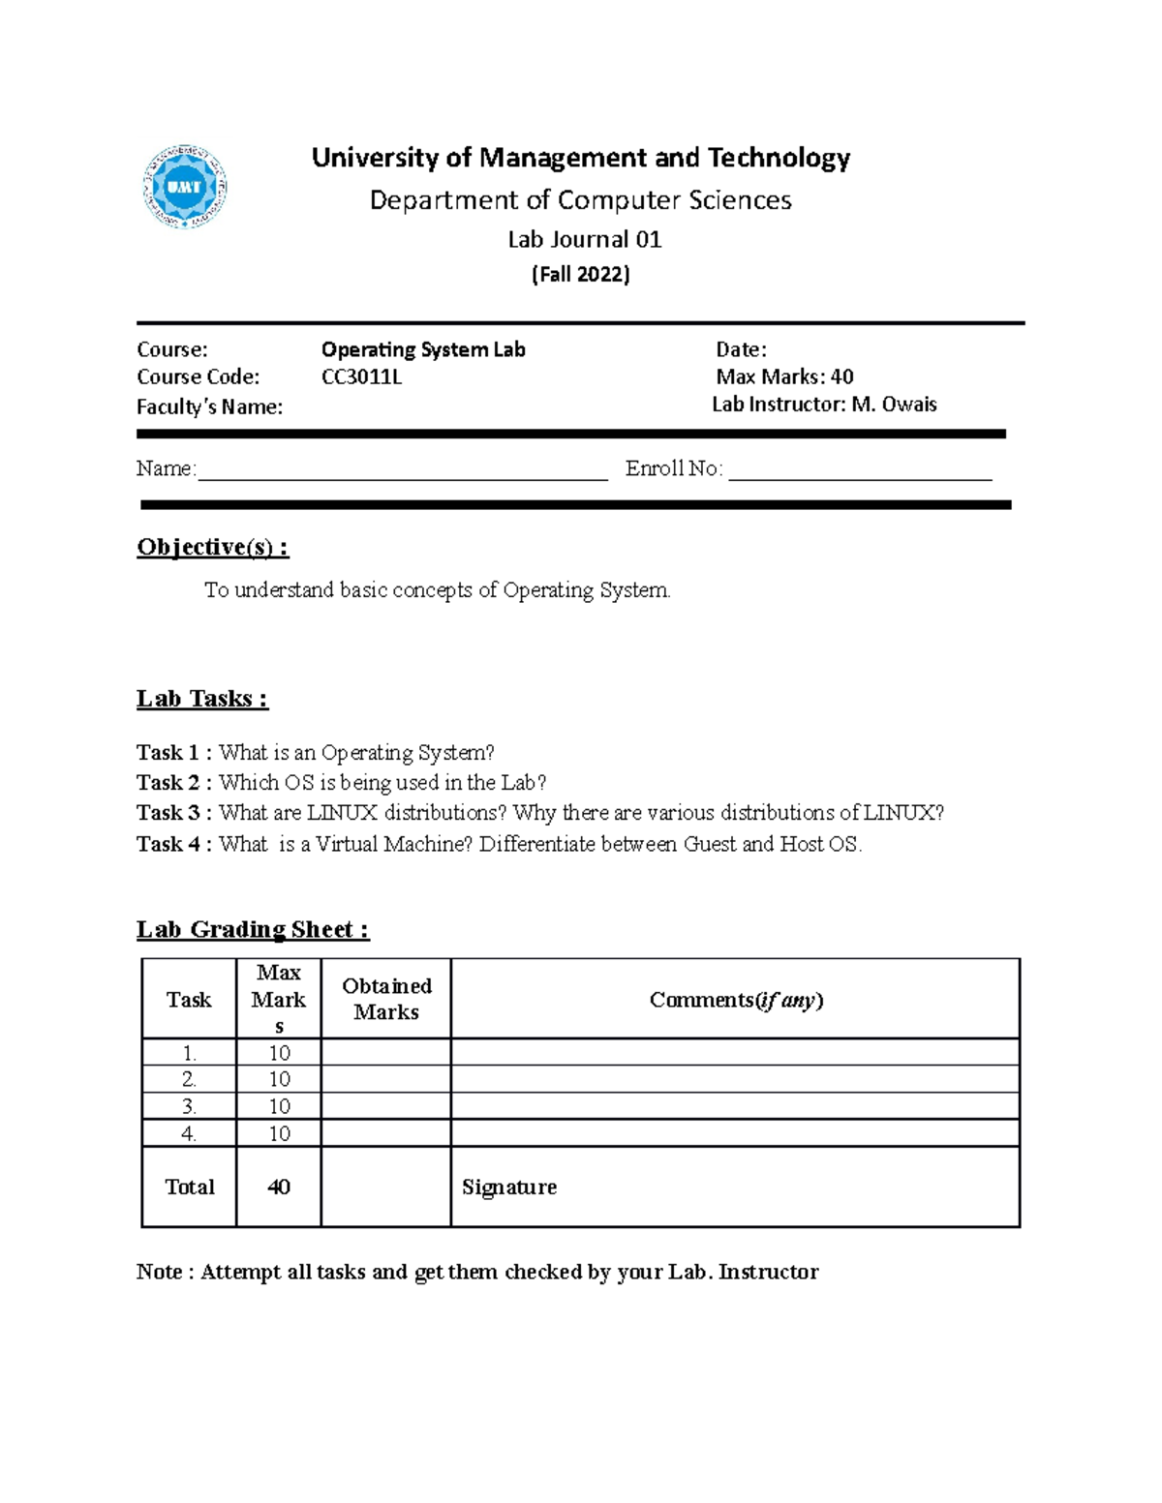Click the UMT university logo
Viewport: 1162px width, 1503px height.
click(x=185, y=187)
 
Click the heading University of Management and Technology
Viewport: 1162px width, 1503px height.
click(x=580, y=158)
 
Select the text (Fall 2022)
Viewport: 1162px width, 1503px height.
click(x=580, y=275)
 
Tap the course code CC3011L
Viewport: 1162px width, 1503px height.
click(x=361, y=377)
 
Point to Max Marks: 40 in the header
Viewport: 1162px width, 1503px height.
click(x=784, y=376)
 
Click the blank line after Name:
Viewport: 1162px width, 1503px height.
click(x=402, y=470)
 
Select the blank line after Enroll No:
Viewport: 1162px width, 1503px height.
click(x=860, y=470)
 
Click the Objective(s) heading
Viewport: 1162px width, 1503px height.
click(x=212, y=548)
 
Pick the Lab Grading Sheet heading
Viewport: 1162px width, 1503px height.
click(x=252, y=930)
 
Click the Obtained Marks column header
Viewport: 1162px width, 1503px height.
click(x=385, y=999)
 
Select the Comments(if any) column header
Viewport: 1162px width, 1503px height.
click(x=735, y=1000)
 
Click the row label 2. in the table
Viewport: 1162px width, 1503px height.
click(x=189, y=1079)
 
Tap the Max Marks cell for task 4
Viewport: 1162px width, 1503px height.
click(x=279, y=1133)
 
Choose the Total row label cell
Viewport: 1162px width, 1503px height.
click(x=189, y=1187)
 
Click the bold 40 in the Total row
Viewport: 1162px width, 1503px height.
click(x=279, y=1187)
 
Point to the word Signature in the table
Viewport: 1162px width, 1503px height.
click(x=508, y=1187)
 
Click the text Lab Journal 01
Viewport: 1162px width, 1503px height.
click(x=584, y=239)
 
